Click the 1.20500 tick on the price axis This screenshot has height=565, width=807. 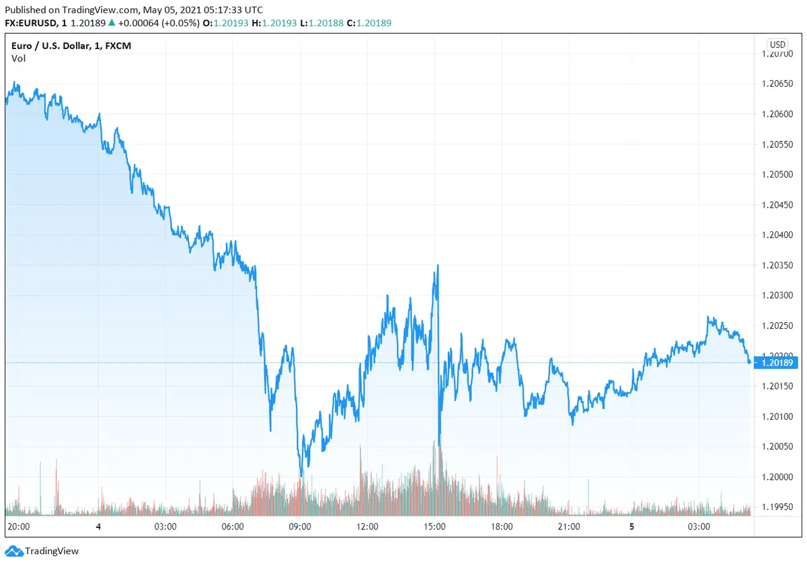(777, 174)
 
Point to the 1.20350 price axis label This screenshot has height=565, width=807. (777, 265)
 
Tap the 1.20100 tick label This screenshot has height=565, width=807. (777, 416)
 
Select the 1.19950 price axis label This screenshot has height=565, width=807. (777, 507)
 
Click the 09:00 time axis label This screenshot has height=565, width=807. (299, 527)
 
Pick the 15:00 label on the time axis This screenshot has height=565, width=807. (434, 527)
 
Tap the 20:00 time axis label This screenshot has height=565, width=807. (17, 527)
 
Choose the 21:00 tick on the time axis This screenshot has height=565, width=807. (569, 527)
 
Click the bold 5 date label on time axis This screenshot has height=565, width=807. (631, 527)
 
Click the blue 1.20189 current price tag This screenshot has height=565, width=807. (777, 363)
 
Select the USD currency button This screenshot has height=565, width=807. (777, 44)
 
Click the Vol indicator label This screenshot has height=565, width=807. (19, 59)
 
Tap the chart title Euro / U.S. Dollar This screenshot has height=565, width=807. (53, 45)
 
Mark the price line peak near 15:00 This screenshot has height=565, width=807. (438, 266)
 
